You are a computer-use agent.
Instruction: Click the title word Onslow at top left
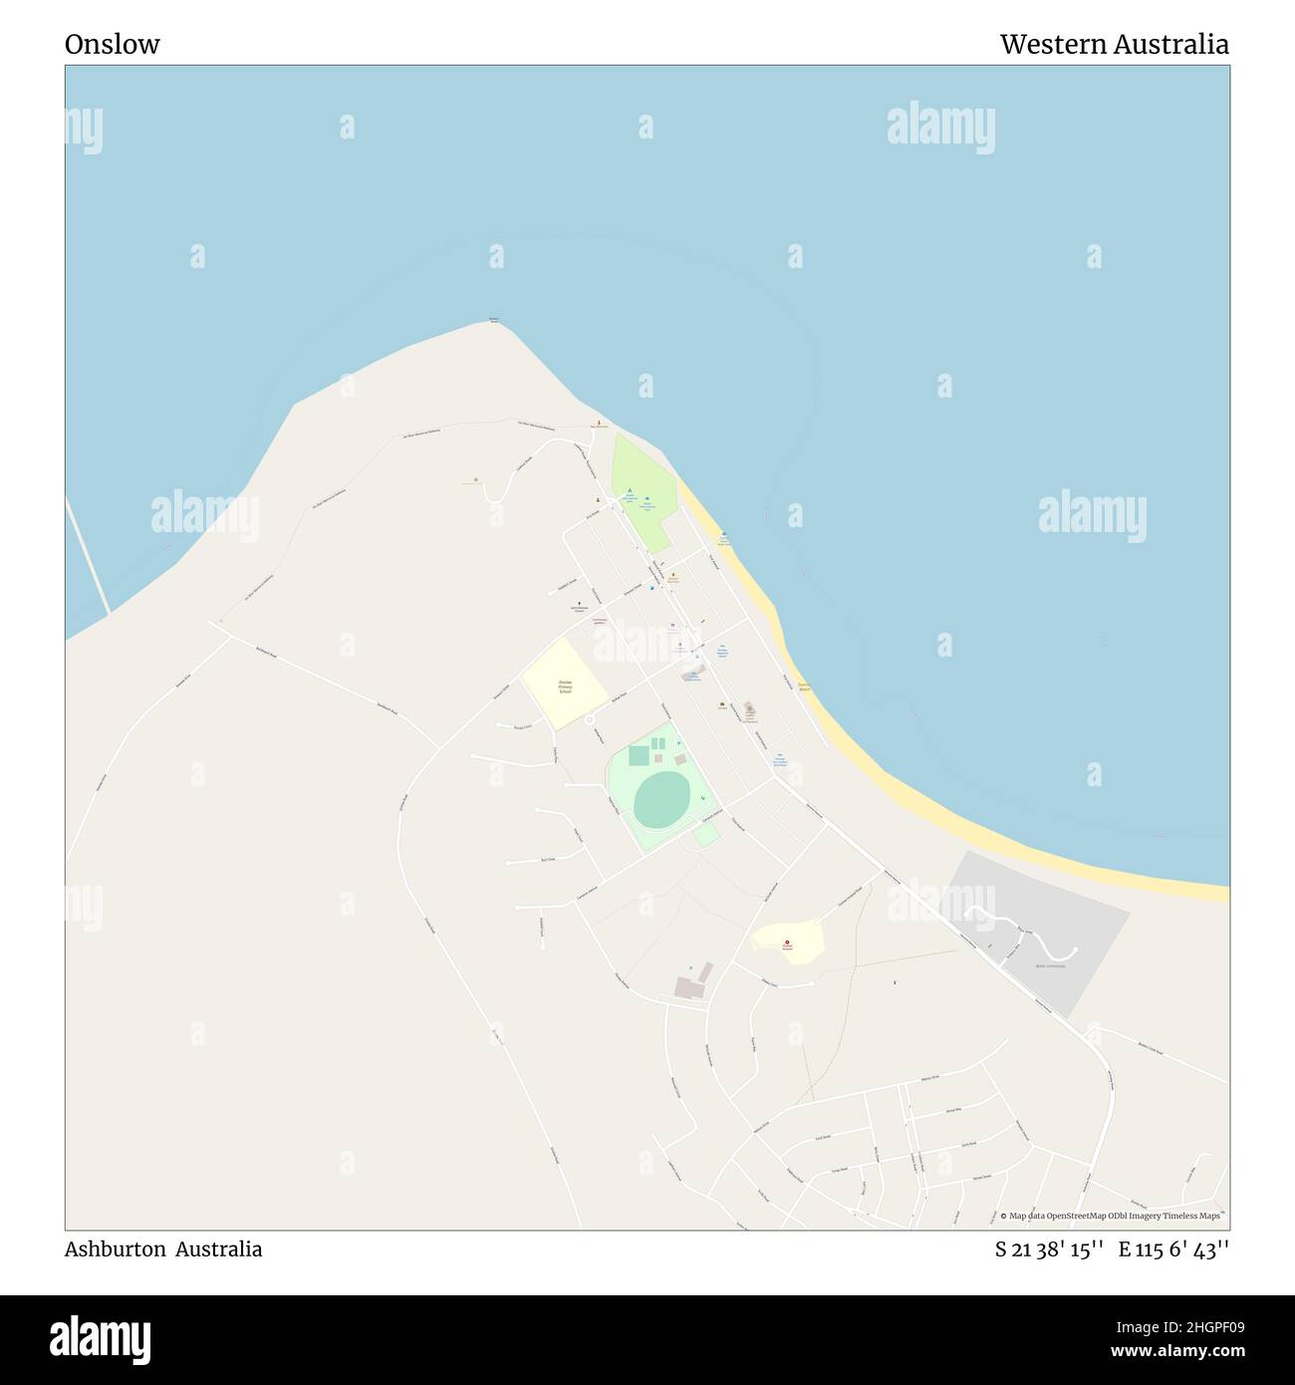pyautogui.click(x=112, y=45)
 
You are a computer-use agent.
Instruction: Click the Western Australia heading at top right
pyautogui.click(x=1114, y=45)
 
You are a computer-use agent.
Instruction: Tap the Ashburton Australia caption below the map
pyautogui.click(x=163, y=1249)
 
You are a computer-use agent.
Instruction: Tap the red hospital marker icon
pyautogui.click(x=787, y=943)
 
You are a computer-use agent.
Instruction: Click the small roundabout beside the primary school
pyautogui.click(x=589, y=719)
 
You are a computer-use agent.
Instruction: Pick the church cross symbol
pyautogui.click(x=580, y=602)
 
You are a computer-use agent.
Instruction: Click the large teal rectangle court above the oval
pyautogui.click(x=639, y=755)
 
